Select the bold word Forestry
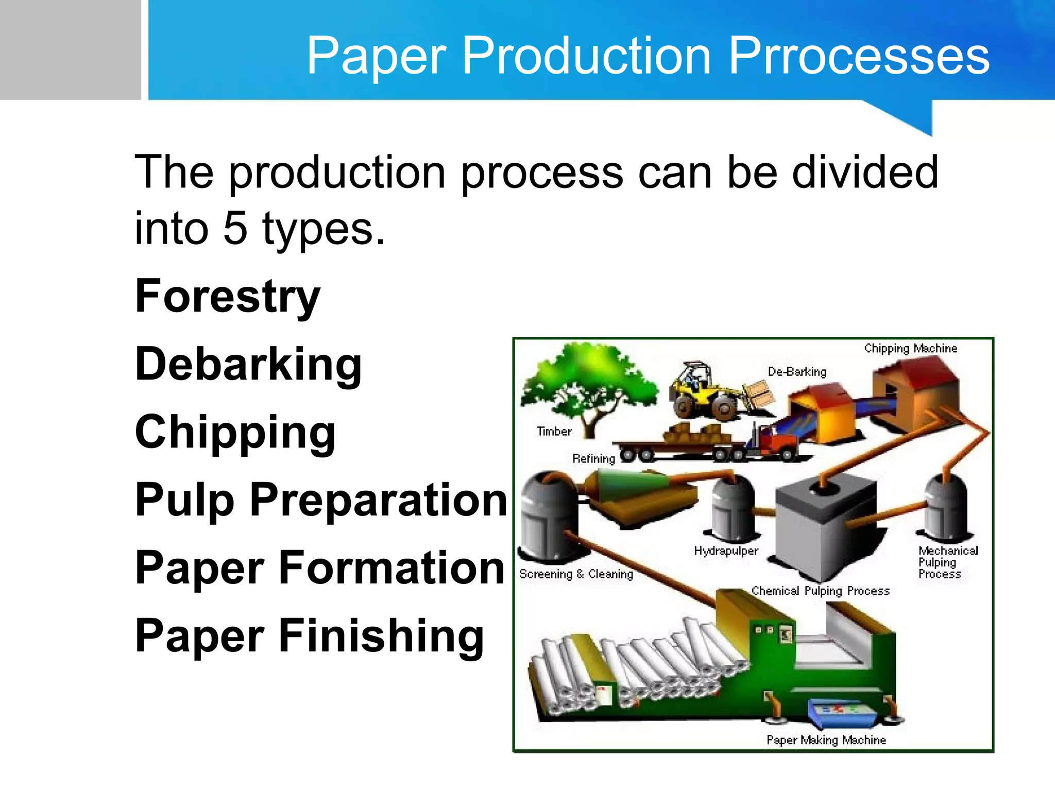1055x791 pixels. click(x=227, y=296)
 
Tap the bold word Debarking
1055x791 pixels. click(x=248, y=364)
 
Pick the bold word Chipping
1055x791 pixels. click(x=235, y=432)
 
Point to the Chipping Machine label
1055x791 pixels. click(x=910, y=349)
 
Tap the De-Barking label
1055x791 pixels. click(x=796, y=372)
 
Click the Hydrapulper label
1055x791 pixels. click(x=726, y=551)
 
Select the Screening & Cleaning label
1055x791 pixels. click(x=576, y=574)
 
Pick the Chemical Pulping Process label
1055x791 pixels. click(x=820, y=591)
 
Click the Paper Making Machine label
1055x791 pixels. click(x=826, y=740)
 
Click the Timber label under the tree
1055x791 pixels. click(x=554, y=432)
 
